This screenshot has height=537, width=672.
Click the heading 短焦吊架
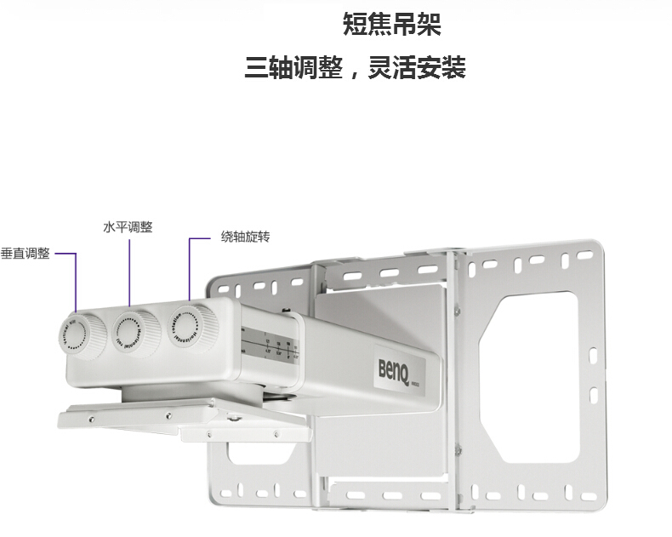391,24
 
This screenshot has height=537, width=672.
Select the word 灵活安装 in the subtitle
416,68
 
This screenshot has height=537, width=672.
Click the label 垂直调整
26,254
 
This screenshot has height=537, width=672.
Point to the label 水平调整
128,226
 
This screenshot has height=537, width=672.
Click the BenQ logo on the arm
395,368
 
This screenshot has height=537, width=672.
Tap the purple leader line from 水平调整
129,272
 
